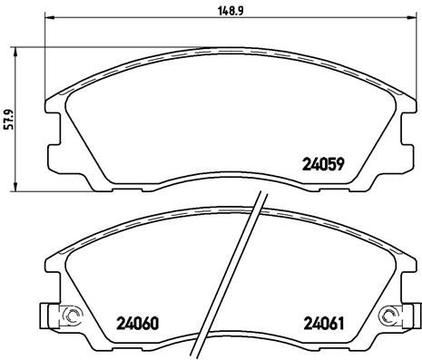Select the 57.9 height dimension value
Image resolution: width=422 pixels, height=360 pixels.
[9, 118]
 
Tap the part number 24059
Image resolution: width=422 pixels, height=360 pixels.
[321, 166]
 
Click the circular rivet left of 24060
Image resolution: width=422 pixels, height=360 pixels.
[69, 316]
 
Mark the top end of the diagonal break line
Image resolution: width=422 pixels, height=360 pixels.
[262, 198]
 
